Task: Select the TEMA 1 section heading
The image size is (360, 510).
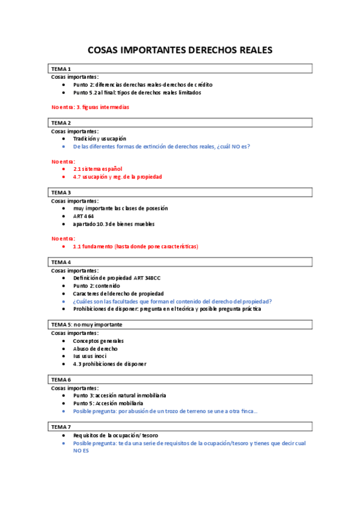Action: (x=61, y=69)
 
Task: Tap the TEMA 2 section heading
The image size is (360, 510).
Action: (x=61, y=123)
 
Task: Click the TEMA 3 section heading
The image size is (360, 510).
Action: (x=61, y=192)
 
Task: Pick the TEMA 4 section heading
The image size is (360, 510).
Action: (x=61, y=262)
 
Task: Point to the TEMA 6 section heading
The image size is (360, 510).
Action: (x=61, y=380)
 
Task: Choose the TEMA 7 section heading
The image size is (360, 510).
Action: (x=61, y=426)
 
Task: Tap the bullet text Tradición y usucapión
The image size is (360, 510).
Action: (x=100, y=138)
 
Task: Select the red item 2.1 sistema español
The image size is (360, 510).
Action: (x=97, y=169)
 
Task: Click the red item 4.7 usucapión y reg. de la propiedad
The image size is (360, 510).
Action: (x=117, y=177)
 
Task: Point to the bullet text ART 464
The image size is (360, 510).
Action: (x=85, y=216)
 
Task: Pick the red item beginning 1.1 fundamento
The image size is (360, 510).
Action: (x=135, y=247)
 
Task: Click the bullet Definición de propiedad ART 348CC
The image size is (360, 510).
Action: (x=117, y=278)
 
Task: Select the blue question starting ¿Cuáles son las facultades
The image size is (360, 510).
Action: (x=172, y=301)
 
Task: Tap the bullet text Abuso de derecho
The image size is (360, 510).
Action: (x=95, y=348)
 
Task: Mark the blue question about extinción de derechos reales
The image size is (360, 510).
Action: (x=162, y=146)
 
